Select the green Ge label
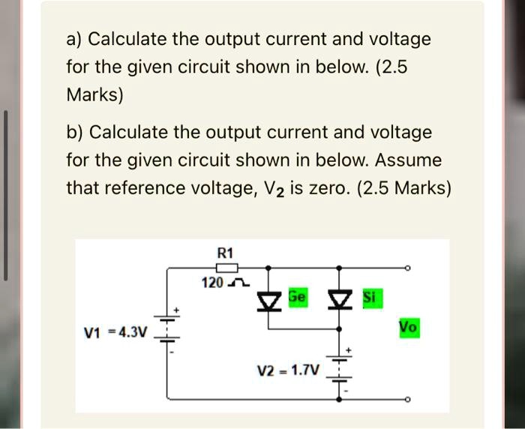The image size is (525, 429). tap(297, 298)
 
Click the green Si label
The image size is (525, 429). tap(370, 298)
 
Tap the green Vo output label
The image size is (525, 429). tap(409, 328)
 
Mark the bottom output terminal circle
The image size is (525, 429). tap(406, 399)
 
